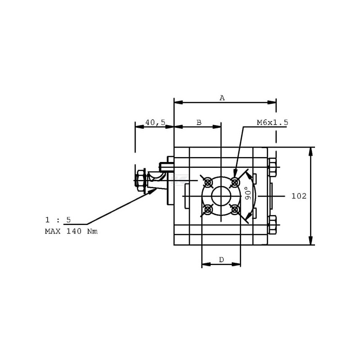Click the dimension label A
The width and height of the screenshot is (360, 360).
point(222,98)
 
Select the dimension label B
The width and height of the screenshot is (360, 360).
point(199,122)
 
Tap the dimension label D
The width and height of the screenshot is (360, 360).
point(221,260)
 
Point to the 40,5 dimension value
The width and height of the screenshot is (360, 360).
point(155,122)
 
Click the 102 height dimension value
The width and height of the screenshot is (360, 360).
point(299,196)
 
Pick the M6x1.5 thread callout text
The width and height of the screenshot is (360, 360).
point(272,122)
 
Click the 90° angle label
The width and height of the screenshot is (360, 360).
point(248,193)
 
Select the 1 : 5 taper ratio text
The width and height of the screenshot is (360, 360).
point(58,220)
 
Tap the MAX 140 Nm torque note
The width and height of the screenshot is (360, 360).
point(71,231)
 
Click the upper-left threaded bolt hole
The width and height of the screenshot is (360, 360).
point(208,183)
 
